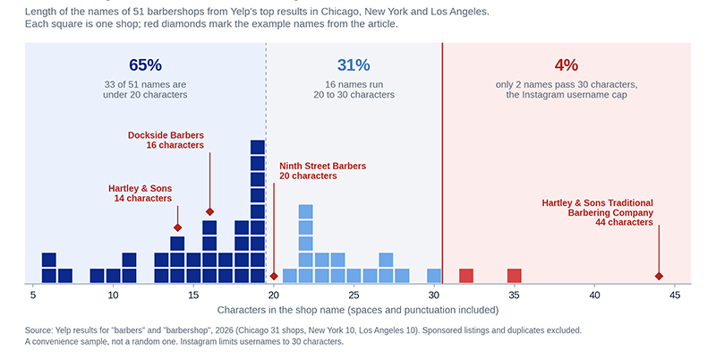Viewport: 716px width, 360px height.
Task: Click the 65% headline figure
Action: (x=145, y=65)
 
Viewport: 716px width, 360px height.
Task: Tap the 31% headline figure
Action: (x=354, y=65)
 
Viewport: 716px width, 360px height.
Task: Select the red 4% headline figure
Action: (x=567, y=65)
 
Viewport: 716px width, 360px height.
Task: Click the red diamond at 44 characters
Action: (x=659, y=276)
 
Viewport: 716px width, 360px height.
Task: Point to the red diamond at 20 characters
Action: (x=274, y=276)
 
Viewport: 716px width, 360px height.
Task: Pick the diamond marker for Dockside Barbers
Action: (x=209, y=211)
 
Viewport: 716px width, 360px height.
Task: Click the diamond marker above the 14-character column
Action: (x=177, y=227)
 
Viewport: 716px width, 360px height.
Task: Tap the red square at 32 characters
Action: (x=466, y=276)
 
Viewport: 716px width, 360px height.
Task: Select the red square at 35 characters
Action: (x=514, y=276)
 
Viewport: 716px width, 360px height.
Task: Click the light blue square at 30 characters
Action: (x=434, y=276)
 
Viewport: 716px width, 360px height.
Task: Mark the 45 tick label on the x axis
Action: (x=675, y=296)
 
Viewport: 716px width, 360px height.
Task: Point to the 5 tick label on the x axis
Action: (x=33, y=296)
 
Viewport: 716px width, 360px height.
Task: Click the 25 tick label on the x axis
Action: (x=354, y=296)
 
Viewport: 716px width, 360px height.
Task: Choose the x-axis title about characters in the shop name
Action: (x=357, y=310)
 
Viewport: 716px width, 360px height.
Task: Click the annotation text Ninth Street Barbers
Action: (x=323, y=167)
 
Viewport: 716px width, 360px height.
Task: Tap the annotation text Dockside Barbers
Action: (x=166, y=135)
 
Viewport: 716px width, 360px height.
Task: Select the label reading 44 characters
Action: (x=624, y=222)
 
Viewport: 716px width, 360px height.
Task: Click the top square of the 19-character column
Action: (x=258, y=147)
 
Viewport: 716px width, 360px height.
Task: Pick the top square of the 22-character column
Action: (x=305, y=211)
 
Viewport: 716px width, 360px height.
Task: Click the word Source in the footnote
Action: (x=38, y=330)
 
